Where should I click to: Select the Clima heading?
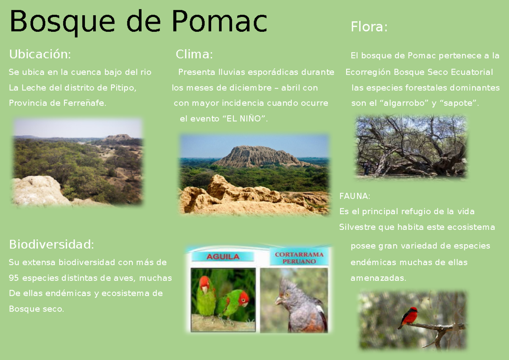(x=194, y=54)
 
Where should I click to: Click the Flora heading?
(x=369, y=27)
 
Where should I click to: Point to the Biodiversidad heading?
(x=51, y=244)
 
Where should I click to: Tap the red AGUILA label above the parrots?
(x=223, y=257)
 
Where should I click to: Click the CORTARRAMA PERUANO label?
(x=299, y=258)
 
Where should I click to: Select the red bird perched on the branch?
(x=410, y=317)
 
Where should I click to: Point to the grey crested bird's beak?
(x=278, y=300)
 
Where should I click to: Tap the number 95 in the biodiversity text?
(x=14, y=278)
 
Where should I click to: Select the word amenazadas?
(x=378, y=278)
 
